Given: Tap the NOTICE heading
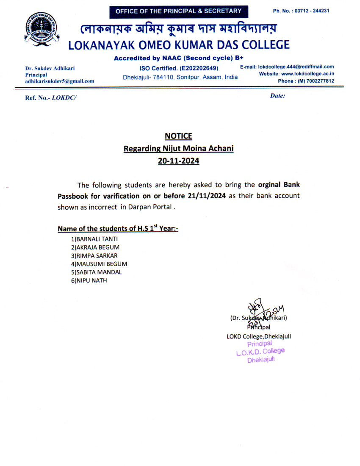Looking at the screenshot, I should [x=178, y=136].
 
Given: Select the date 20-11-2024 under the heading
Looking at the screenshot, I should [x=178, y=161].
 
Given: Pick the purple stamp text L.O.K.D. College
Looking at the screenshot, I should [x=260, y=352].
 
